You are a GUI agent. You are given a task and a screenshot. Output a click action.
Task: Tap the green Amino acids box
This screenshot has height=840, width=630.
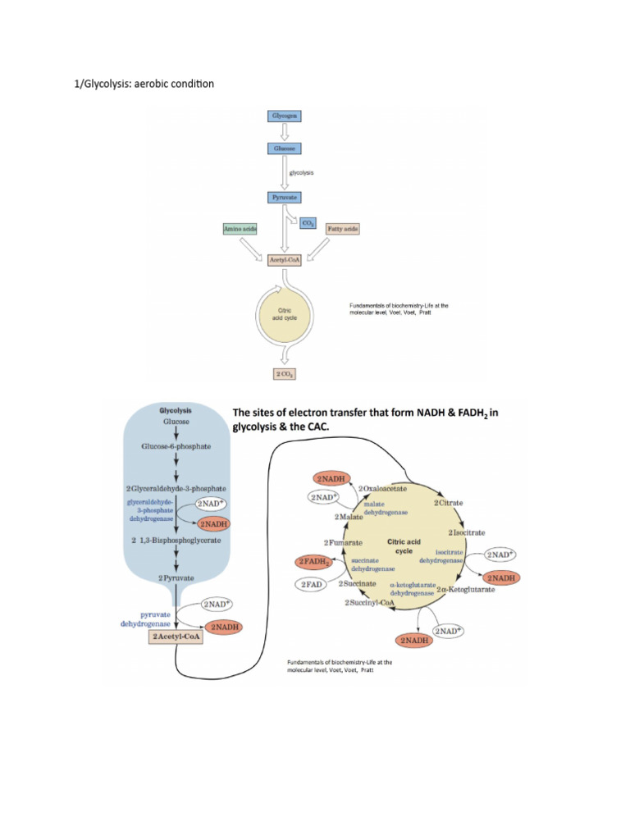240,229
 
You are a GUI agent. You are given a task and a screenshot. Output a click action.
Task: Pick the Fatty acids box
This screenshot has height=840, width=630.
342,229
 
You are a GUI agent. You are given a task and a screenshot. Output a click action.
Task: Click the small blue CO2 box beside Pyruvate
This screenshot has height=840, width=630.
309,222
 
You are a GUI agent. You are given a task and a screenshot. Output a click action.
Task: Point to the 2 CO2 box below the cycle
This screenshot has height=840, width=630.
283,374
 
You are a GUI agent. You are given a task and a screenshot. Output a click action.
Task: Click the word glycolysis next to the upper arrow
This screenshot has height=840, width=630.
302,173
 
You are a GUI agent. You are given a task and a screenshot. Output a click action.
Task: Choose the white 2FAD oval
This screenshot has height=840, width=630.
313,584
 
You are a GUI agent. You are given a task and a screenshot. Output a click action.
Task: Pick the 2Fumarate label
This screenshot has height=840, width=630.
343,543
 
